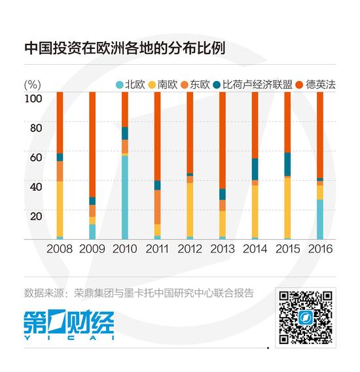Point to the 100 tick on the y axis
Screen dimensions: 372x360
pos(33,98)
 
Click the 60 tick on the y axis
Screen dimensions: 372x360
pos(35,158)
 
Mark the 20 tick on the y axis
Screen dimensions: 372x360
pos(35,216)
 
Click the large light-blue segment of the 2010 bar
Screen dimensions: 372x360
pos(124,197)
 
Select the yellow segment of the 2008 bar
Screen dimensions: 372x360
pos(60,209)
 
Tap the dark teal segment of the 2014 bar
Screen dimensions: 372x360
pos(255,169)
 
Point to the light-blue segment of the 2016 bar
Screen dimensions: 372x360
pos(319,219)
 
